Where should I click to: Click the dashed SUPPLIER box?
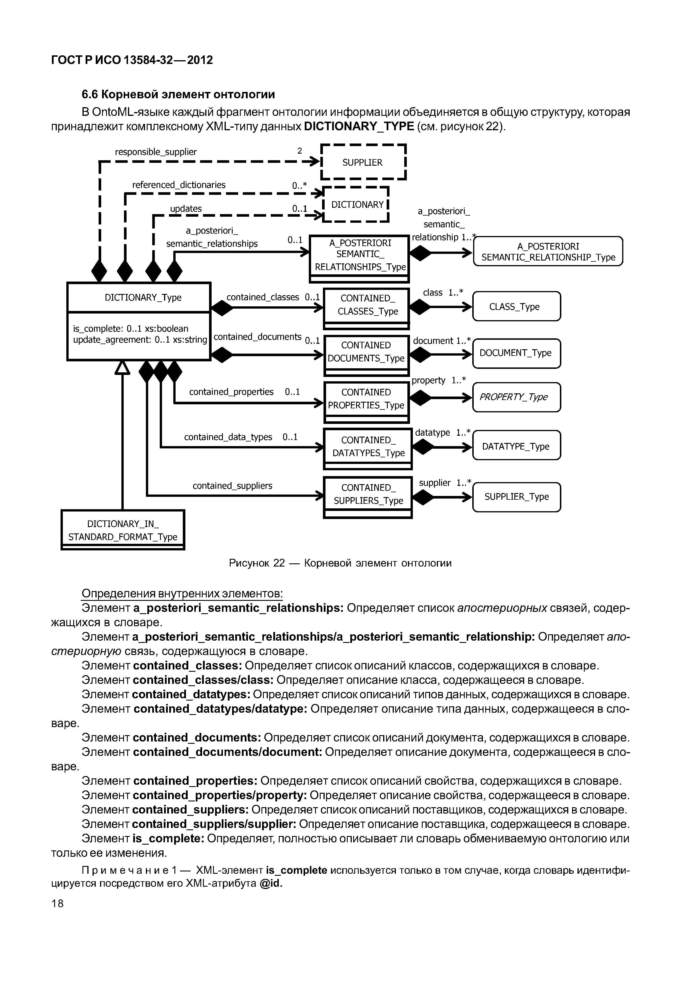tap(363, 162)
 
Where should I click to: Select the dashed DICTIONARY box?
tap(357, 204)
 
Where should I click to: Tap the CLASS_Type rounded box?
tap(516, 306)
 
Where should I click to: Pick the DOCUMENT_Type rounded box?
tap(516, 353)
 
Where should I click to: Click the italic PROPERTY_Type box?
tap(516, 397)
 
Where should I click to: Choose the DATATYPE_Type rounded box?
tap(516, 446)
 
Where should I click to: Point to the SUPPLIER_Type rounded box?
tap(516, 497)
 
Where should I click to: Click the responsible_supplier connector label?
tap(156, 152)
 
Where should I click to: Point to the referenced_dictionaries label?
tap(179, 185)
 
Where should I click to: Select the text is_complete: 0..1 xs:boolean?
tap(131, 329)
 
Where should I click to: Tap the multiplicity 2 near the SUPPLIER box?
tap(300, 150)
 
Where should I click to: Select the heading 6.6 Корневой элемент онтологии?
tap(178, 94)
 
